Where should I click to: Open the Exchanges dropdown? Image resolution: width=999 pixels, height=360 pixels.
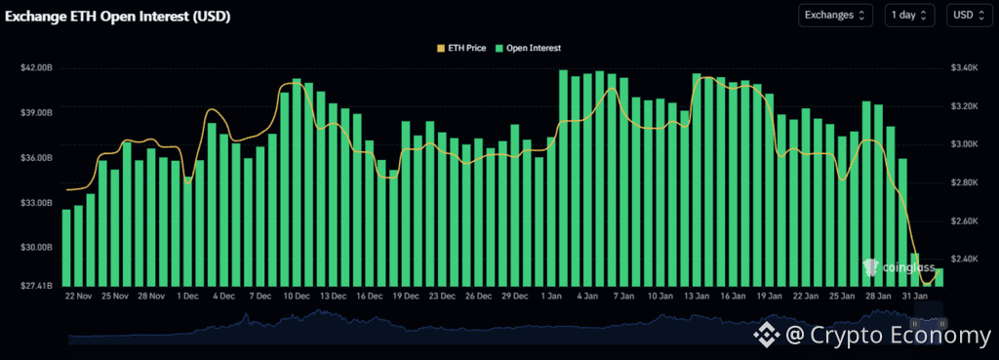click(x=835, y=15)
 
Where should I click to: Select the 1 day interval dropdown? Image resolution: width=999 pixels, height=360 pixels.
click(x=910, y=15)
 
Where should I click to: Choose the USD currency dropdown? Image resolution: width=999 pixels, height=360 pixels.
click(x=968, y=15)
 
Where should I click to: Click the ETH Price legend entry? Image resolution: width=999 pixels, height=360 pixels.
click(x=462, y=47)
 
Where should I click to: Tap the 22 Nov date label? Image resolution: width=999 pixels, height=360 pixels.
click(x=78, y=296)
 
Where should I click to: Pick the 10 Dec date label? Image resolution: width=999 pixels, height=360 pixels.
click(x=296, y=296)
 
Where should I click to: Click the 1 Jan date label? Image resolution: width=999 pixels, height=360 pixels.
click(x=552, y=296)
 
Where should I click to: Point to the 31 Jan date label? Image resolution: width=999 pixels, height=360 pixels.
click(x=915, y=296)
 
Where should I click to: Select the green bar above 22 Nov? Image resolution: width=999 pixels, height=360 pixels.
click(x=66, y=248)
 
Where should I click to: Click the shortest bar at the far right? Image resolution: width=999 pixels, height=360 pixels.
click(x=939, y=277)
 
